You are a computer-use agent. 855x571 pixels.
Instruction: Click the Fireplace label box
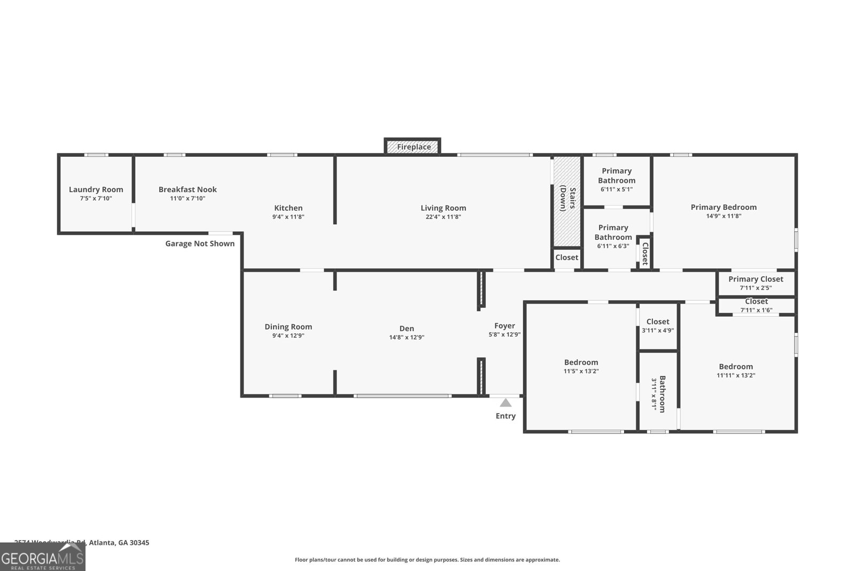413,147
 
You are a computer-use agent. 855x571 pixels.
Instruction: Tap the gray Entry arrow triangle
506,403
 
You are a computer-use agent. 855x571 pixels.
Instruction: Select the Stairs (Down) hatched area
566,201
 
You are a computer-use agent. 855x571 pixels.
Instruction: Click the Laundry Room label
96,189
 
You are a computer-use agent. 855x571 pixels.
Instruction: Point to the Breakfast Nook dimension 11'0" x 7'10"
187,199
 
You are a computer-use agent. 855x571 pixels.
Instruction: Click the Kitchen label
288,208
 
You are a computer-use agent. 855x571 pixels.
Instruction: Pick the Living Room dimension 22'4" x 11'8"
443,217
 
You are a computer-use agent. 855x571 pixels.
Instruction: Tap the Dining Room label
288,327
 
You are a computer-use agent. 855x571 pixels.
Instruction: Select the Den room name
407,329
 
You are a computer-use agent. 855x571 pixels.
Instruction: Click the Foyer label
504,325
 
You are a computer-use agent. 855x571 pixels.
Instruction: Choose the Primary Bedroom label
724,207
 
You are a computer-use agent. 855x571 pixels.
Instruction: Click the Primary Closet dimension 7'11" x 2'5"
756,288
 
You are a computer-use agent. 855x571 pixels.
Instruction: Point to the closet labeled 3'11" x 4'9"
658,326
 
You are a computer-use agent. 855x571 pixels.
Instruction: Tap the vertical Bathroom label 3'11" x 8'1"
658,394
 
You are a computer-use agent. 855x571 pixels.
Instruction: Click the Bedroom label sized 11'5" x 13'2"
581,362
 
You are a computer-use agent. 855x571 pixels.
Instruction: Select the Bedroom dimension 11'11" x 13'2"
736,376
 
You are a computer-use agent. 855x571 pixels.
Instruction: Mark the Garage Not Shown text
200,243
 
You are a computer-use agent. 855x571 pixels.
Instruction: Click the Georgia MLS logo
43,557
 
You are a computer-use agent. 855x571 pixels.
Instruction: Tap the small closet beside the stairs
566,257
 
